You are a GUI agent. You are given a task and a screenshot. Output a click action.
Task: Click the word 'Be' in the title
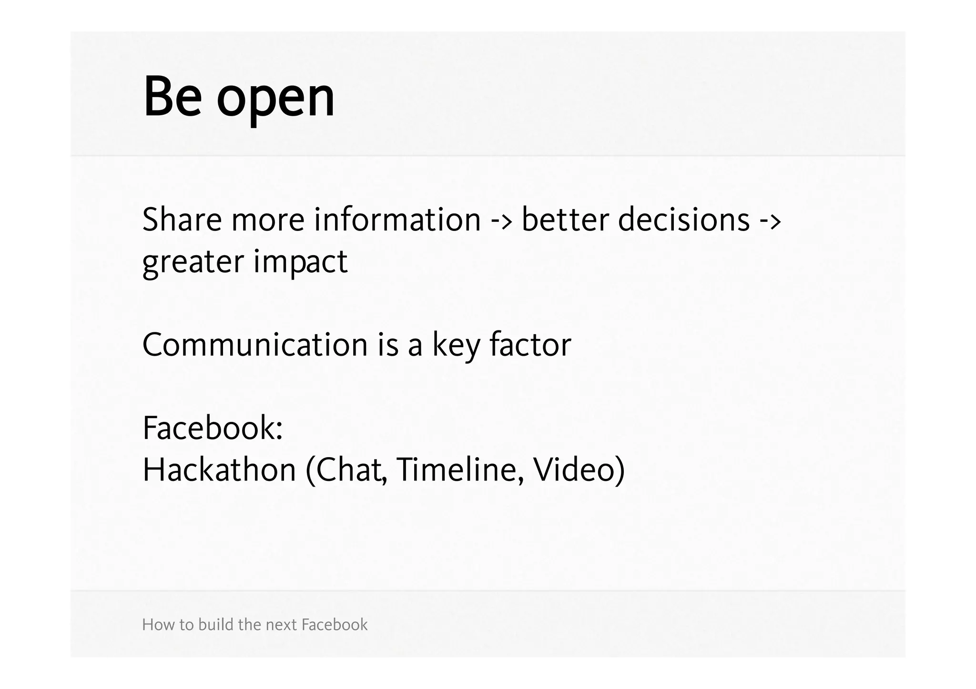[x=173, y=97]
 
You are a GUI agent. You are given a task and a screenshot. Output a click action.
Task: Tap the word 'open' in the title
[x=276, y=100]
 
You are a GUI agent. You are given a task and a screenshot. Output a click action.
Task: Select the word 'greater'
[x=193, y=263]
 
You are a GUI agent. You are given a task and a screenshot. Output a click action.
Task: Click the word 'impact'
[x=300, y=263]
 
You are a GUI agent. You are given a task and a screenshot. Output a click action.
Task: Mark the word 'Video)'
[x=579, y=470]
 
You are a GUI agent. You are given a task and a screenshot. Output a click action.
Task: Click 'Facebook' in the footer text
[x=335, y=624]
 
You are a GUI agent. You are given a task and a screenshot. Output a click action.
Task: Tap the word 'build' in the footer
[x=216, y=624]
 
